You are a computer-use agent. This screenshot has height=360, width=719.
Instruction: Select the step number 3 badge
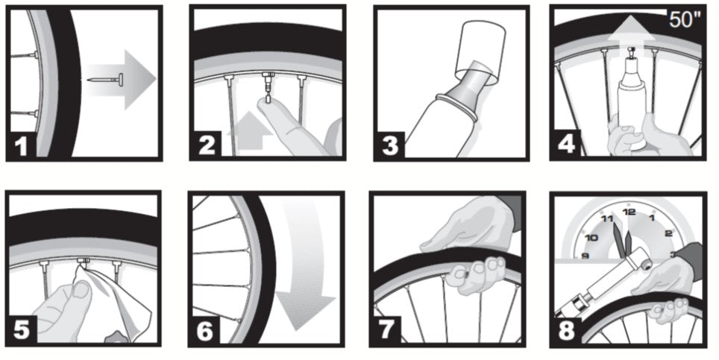tap(389, 145)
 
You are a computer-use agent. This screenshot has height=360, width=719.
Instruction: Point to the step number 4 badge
tap(566, 144)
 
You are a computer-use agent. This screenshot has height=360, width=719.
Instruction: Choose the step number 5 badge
tap(22, 329)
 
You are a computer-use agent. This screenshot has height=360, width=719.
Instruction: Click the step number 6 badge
tap(205, 331)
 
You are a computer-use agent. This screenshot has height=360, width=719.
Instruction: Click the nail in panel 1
tap(106, 79)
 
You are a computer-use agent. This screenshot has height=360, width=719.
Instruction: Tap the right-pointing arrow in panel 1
tap(120, 80)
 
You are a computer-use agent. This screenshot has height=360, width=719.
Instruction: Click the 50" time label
tap(685, 19)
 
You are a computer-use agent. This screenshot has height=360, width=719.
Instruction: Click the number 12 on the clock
tap(629, 212)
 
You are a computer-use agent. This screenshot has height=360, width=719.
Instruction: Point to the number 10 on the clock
tap(591, 237)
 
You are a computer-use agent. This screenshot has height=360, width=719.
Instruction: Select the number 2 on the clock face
tap(668, 233)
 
